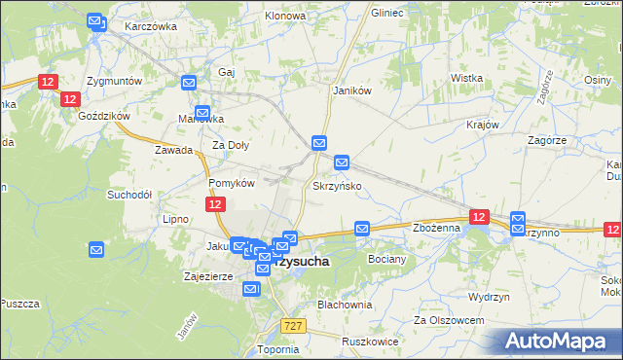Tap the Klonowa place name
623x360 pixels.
point(285,17)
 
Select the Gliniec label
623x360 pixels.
point(387,15)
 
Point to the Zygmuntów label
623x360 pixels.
point(115,80)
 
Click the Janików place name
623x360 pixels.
point(352,90)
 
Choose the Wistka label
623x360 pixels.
point(467,78)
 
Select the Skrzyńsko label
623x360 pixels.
point(338,185)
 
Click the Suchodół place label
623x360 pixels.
point(129,195)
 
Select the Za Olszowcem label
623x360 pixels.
point(449,319)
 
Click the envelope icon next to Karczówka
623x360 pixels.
point(94,20)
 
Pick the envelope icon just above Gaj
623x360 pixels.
point(189,83)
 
